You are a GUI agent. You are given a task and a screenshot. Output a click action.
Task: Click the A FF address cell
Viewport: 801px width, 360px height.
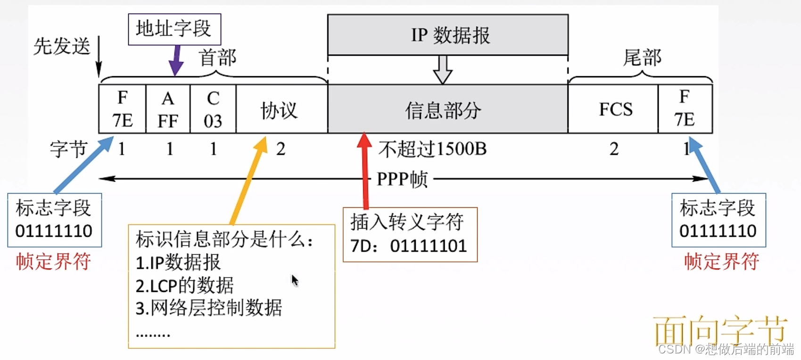click(168, 109)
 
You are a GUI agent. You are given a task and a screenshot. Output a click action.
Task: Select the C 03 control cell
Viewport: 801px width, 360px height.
click(213, 109)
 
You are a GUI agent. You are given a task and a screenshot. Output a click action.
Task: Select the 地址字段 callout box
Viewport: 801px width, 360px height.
click(174, 29)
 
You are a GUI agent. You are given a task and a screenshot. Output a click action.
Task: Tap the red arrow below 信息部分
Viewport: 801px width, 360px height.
click(364, 170)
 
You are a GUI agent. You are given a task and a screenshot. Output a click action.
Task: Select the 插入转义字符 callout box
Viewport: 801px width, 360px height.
click(410, 234)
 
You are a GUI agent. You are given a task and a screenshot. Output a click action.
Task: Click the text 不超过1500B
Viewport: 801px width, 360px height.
click(432, 149)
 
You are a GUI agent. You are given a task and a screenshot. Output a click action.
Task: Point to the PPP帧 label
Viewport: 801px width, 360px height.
click(402, 180)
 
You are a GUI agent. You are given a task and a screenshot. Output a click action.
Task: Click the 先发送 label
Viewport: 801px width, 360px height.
click(62, 47)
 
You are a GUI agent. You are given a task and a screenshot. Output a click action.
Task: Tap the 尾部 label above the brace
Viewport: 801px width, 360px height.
click(642, 57)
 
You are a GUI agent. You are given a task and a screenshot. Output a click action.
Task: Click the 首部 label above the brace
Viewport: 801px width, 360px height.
click(218, 57)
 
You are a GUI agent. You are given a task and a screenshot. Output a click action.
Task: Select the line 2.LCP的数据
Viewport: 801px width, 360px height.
click(184, 286)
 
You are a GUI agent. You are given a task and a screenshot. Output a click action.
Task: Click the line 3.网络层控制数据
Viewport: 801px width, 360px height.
click(209, 308)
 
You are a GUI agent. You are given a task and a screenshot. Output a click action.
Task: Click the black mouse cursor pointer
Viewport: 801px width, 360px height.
click(295, 280)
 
